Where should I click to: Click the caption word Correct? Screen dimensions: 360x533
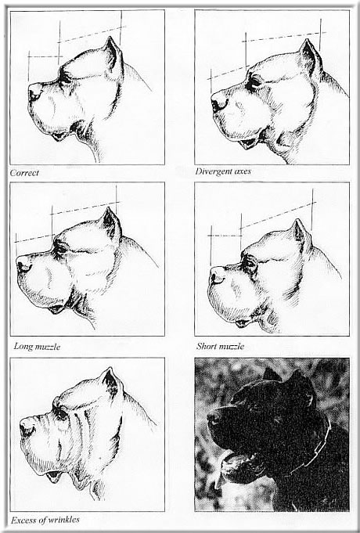click(24, 173)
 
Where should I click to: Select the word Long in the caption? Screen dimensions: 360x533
click(23, 347)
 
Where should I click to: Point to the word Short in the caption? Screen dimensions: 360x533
click(207, 346)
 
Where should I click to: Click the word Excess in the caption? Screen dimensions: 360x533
click(22, 520)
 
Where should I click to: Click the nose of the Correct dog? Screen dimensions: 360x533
click(34, 91)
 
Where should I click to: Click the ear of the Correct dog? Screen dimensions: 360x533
click(113, 54)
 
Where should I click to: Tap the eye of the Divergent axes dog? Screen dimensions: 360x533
click(254, 83)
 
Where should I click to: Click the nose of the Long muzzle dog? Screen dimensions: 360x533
click(23, 265)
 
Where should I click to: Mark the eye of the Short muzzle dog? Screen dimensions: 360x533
click(250, 262)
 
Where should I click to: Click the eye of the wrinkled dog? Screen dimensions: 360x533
click(61, 413)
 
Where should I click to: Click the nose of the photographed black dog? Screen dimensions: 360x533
click(214, 417)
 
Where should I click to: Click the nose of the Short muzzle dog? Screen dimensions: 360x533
click(217, 276)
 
